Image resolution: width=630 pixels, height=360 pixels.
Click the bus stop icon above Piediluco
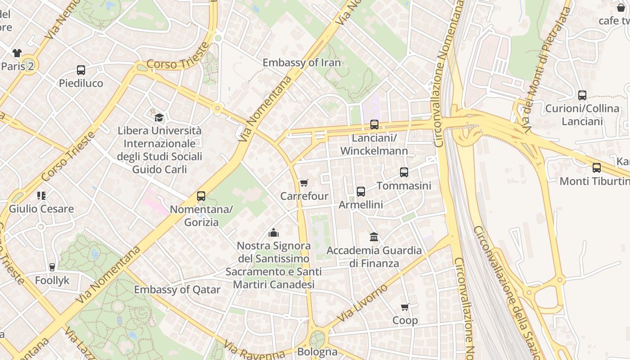(81, 70)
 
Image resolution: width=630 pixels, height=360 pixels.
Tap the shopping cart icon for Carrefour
(304, 183)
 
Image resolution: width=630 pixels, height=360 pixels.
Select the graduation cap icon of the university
(159, 118)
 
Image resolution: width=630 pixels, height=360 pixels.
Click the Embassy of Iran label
(301, 63)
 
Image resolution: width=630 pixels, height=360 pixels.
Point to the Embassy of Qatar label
(177, 289)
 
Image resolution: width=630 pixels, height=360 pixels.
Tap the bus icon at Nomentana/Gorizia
(201, 196)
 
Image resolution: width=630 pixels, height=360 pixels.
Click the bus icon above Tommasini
(404, 172)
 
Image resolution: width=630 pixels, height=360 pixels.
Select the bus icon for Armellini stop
(361, 192)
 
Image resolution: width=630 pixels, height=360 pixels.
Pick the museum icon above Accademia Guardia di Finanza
(374, 237)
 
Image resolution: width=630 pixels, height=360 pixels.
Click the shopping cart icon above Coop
(405, 307)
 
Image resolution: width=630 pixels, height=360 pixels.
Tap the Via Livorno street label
(362, 303)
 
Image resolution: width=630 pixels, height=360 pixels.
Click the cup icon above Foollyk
(52, 267)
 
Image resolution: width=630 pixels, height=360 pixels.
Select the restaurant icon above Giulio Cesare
(41, 196)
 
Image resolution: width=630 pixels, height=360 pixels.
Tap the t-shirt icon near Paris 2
(17, 53)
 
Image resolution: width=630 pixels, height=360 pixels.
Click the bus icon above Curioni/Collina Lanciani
(582, 95)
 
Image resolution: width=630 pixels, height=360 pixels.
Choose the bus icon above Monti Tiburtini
(597, 168)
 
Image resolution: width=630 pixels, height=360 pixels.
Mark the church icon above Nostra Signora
(274, 233)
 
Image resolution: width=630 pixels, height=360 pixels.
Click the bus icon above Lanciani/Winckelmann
(374, 125)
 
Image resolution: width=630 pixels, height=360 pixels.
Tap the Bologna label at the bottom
(317, 351)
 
